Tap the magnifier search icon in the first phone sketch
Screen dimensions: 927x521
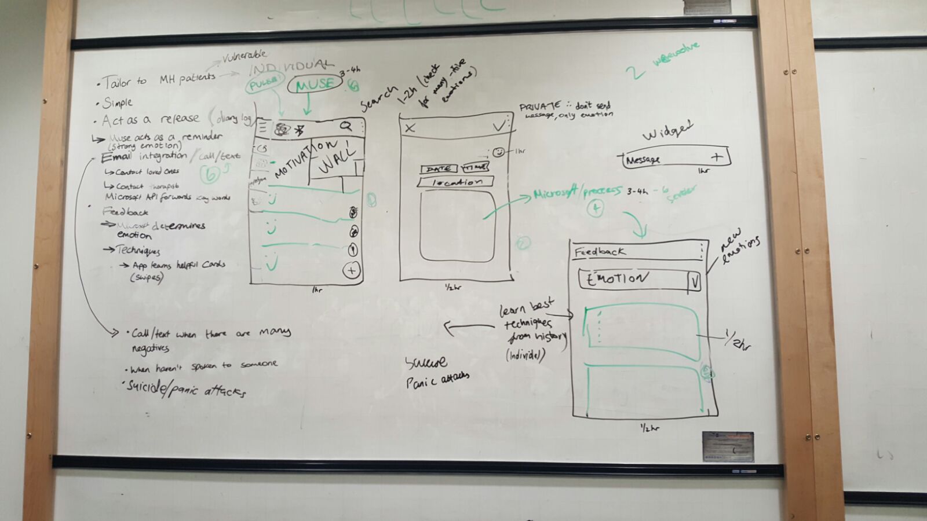point(346,126)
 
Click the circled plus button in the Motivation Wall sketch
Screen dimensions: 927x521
point(351,270)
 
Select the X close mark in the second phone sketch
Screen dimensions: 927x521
point(410,128)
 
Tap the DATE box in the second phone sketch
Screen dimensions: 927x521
point(439,168)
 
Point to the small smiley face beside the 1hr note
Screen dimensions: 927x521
point(499,152)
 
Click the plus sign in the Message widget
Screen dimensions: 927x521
point(717,156)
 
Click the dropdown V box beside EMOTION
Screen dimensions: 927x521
point(694,282)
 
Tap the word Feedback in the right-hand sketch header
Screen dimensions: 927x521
point(600,252)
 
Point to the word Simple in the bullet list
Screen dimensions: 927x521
point(118,103)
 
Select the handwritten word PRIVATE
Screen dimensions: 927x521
point(540,107)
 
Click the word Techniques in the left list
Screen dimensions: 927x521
point(138,250)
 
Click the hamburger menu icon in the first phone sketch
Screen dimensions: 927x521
point(262,128)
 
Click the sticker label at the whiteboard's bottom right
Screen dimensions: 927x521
point(728,446)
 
